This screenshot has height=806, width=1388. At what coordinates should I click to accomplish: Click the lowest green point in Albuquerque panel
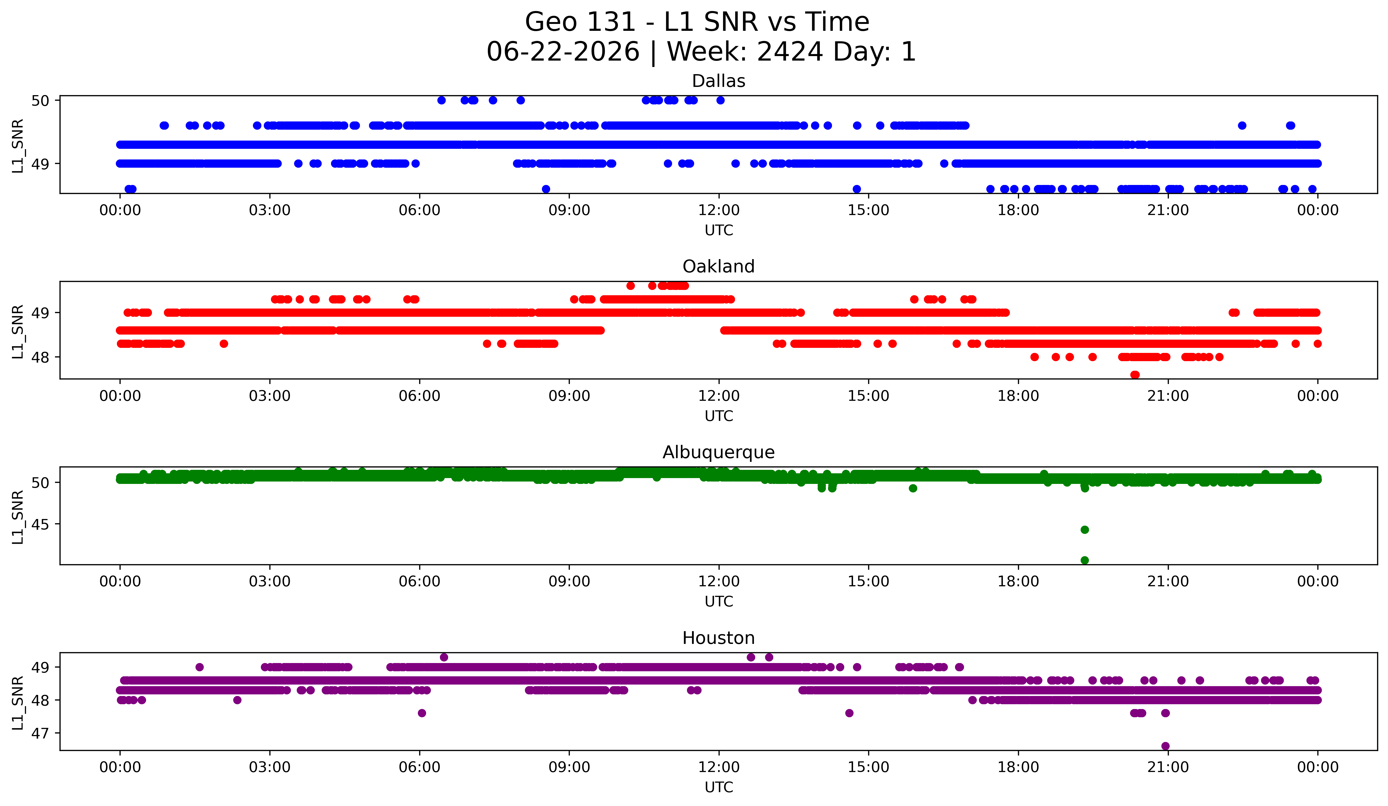tap(1085, 560)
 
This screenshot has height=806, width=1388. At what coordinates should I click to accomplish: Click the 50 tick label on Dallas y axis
tap(40, 100)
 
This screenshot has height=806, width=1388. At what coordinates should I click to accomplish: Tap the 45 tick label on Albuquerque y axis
tap(40, 525)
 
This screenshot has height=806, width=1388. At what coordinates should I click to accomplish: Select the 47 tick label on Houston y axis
tap(40, 733)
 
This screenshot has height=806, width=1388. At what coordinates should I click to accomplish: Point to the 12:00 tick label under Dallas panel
tap(719, 210)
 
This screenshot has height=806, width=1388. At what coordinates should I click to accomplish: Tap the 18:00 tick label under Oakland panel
tap(1018, 396)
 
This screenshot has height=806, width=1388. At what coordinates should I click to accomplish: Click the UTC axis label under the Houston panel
tap(719, 787)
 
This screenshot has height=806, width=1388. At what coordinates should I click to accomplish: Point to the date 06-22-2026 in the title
tap(563, 52)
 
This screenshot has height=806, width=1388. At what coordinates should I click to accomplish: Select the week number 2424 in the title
tap(790, 52)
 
